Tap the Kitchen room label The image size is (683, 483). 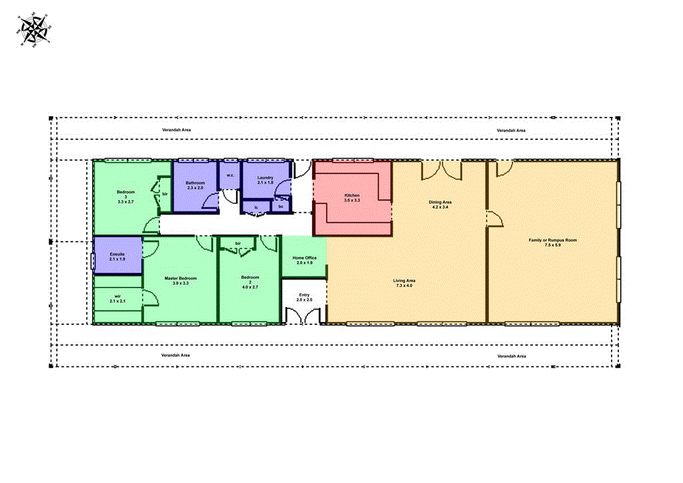pyautogui.click(x=352, y=198)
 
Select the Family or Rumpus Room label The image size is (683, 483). pyautogui.click(x=552, y=242)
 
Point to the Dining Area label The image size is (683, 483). pyautogui.click(x=440, y=204)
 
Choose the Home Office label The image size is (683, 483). pyautogui.click(x=304, y=260)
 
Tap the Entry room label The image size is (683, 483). pyautogui.click(x=304, y=298)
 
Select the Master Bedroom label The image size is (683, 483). pyautogui.click(x=180, y=280)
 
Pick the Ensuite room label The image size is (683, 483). pyautogui.click(x=117, y=257)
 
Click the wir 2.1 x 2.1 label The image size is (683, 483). pyautogui.click(x=117, y=298)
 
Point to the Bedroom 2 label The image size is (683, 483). pyautogui.click(x=250, y=282)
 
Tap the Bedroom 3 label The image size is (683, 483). pyautogui.click(x=125, y=196)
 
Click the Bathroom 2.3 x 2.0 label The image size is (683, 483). pyautogui.click(x=195, y=185)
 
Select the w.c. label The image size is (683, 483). pyautogui.click(x=229, y=175)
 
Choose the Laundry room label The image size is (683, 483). pyautogui.click(x=265, y=180)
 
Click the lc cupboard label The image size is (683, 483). pyautogui.click(x=257, y=207)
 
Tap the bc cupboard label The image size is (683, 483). pyautogui.click(x=281, y=207)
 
